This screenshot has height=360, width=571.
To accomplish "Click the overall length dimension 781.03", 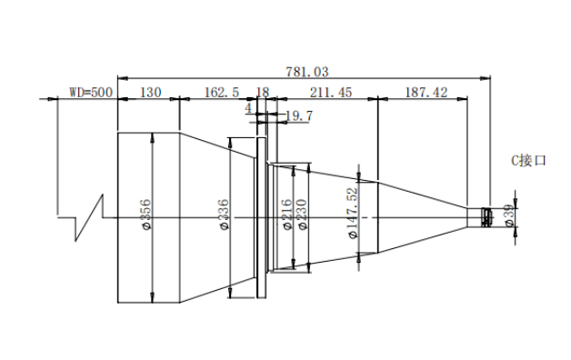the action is pyautogui.click(x=307, y=72).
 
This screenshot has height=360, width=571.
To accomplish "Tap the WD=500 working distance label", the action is pyautogui.click(x=91, y=92).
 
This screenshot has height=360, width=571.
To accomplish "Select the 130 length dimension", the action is pyautogui.click(x=150, y=92).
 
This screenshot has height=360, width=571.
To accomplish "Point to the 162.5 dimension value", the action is pyautogui.click(x=222, y=92).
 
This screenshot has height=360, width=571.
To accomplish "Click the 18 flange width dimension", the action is pyautogui.click(x=263, y=92).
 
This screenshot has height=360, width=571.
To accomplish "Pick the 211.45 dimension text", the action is pyautogui.click(x=331, y=92).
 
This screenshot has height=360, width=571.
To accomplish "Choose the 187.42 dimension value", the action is pyautogui.click(x=426, y=92).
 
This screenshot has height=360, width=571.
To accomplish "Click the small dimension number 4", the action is pyautogui.click(x=248, y=108).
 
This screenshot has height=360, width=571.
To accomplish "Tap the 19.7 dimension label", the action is pyautogui.click(x=299, y=115).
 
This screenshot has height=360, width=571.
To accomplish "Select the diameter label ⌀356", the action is pyautogui.click(x=145, y=215).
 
